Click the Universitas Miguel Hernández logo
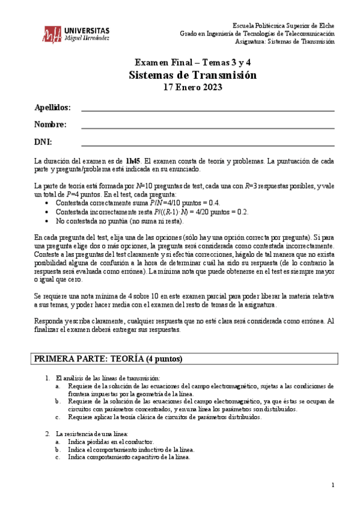click(76, 34)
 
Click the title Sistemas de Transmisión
click(193, 75)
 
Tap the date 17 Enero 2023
click(193, 87)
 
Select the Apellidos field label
click(52, 108)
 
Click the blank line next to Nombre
click(207, 127)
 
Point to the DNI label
click(43, 142)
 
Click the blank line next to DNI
click(207, 145)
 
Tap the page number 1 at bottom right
click(333, 485)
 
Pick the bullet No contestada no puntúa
click(114, 221)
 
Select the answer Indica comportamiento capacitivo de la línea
click(129, 456)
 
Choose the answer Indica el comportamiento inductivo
click(131, 449)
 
